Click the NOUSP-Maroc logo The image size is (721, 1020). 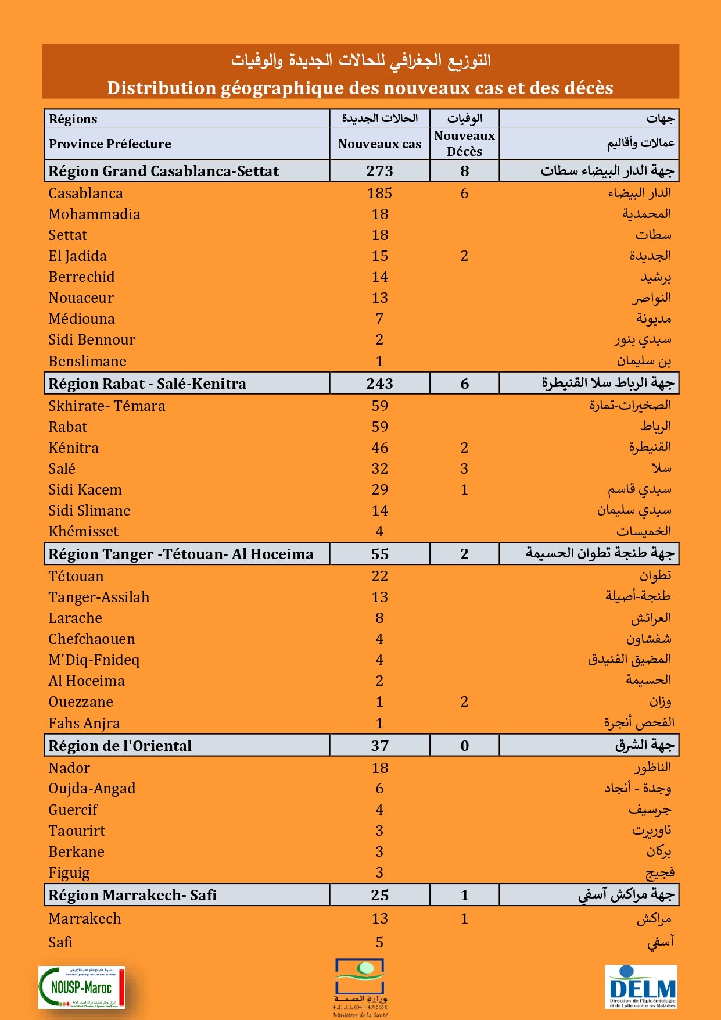click(x=81, y=987)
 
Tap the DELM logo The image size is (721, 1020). click(x=641, y=986)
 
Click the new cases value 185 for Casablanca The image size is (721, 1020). click(x=379, y=193)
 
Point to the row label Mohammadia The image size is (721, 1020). click(x=94, y=214)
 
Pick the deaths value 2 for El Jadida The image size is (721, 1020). click(x=464, y=256)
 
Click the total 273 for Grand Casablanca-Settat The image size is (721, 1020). click(x=379, y=171)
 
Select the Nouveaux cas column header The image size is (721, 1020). click(x=379, y=144)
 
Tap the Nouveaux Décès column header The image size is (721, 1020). click(x=464, y=144)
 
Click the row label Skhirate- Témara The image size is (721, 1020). click(x=106, y=406)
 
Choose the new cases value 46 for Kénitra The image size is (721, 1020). click(x=379, y=448)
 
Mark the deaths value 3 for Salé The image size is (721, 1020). click(x=464, y=468)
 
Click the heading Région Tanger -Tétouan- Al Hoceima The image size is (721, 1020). click(x=181, y=554)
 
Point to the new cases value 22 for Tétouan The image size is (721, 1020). click(x=379, y=576)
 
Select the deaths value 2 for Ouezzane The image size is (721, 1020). click(x=464, y=702)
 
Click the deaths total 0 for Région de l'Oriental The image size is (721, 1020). click(x=464, y=746)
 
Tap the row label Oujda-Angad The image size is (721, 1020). click(x=92, y=788)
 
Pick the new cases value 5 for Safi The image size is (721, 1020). click(x=379, y=942)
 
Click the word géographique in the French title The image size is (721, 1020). click(x=282, y=88)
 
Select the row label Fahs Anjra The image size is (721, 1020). click(x=84, y=723)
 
